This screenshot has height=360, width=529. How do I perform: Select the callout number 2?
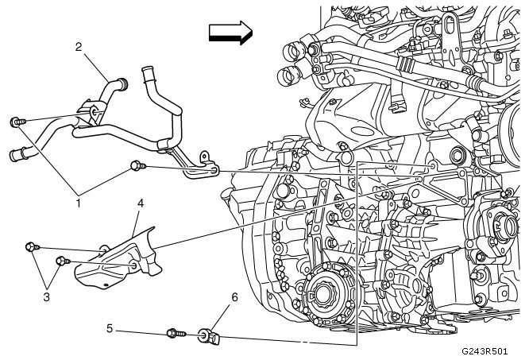pyautogui.click(x=79, y=47)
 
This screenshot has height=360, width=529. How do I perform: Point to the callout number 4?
pyautogui.click(x=139, y=204)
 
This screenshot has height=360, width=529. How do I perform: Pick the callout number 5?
pyautogui.click(x=110, y=327)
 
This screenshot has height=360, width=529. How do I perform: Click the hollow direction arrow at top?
pyautogui.click(x=229, y=32)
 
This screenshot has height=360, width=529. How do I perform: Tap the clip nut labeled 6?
pyautogui.click(x=208, y=337)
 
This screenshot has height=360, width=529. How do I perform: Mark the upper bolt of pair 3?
pyautogui.click(x=32, y=247)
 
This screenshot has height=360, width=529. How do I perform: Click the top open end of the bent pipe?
pyautogui.click(x=146, y=74)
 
